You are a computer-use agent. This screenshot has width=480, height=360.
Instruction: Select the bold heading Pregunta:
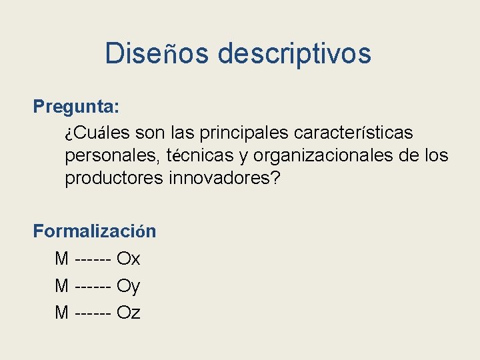[77, 107]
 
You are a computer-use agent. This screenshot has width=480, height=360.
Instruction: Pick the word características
[353, 133]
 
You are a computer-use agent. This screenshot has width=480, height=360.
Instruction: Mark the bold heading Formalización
[95, 231]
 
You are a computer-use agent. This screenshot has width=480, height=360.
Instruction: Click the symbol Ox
[128, 259]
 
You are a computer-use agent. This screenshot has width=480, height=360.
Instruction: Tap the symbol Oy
[128, 286]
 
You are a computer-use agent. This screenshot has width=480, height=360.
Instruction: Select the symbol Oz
[128, 312]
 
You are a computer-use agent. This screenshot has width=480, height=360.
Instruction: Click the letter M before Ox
[62, 259]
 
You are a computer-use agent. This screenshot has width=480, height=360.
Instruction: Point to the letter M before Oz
[62, 312]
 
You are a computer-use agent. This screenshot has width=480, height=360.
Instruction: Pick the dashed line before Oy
[93, 286]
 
